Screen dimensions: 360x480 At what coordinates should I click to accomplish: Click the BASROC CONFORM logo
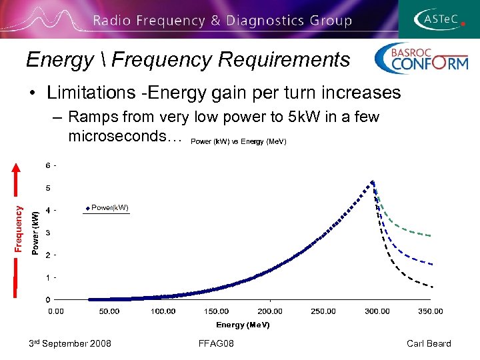pyautogui.click(x=421, y=58)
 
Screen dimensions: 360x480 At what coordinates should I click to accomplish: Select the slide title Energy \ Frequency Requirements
pyautogui.click(x=187, y=60)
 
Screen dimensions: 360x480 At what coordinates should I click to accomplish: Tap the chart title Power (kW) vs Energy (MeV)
pyautogui.click(x=238, y=141)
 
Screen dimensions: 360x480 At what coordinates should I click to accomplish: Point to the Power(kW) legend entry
pyautogui.click(x=106, y=208)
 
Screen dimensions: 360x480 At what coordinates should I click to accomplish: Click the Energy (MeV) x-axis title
pyautogui.click(x=243, y=325)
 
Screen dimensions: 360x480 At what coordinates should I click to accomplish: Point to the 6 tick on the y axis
pyautogui.click(x=47, y=165)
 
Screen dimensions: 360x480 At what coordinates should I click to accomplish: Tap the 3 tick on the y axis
pyautogui.click(x=47, y=233)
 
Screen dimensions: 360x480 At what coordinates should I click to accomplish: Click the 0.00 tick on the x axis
pyautogui.click(x=56, y=311)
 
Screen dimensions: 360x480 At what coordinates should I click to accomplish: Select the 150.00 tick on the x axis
pyautogui.click(x=216, y=311)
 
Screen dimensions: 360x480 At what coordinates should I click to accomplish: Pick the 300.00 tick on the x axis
pyautogui.click(x=377, y=311)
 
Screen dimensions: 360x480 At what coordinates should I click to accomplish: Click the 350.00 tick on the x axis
pyautogui.click(x=430, y=311)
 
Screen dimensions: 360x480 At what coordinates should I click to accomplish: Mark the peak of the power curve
pyautogui.click(x=373, y=181)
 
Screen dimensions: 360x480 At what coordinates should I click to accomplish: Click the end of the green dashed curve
pyautogui.click(x=431, y=235)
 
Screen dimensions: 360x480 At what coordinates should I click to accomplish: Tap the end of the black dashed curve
pyautogui.click(x=431, y=287)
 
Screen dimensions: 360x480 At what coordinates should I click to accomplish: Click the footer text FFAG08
pyautogui.click(x=215, y=343)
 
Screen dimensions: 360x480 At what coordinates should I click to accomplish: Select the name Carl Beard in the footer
pyautogui.click(x=429, y=343)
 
